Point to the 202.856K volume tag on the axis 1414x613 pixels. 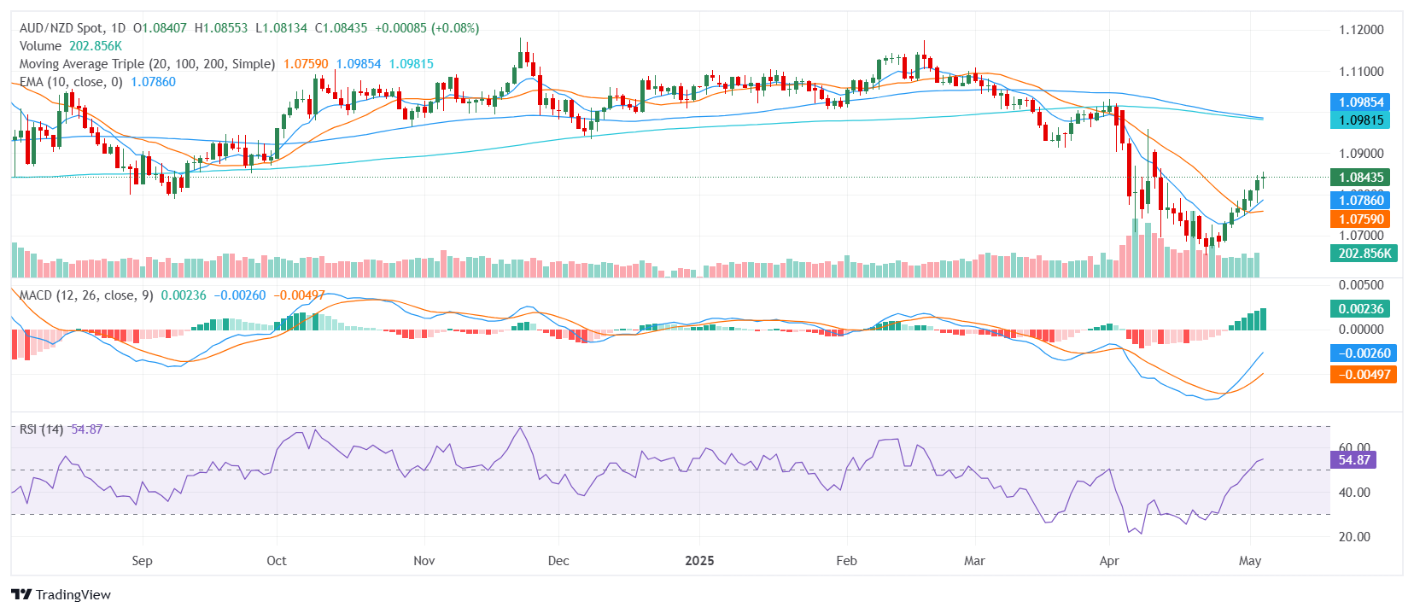pos(1364,254)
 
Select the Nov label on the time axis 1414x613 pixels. pos(424,561)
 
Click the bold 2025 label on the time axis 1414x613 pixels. pos(699,561)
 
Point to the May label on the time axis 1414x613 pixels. pos(1249,561)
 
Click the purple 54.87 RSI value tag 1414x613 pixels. pos(1353,460)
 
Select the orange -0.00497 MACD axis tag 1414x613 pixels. pos(1363,375)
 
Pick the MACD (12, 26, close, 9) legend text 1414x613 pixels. pos(86,295)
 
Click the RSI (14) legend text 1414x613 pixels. pos(41,429)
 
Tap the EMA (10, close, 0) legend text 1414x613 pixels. pos(71,82)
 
